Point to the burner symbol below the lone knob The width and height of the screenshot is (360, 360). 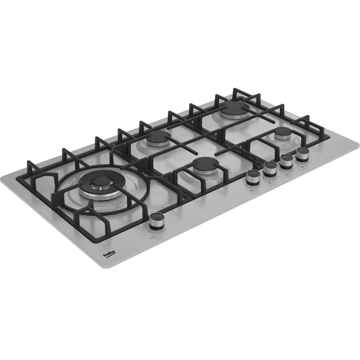(x=152, y=238)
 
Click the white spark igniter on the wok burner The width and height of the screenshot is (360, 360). (x=100, y=189)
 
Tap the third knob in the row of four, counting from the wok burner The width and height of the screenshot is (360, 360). (x=287, y=161)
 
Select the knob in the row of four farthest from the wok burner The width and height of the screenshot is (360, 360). (x=302, y=153)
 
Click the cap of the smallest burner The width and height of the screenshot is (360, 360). (x=283, y=131)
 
